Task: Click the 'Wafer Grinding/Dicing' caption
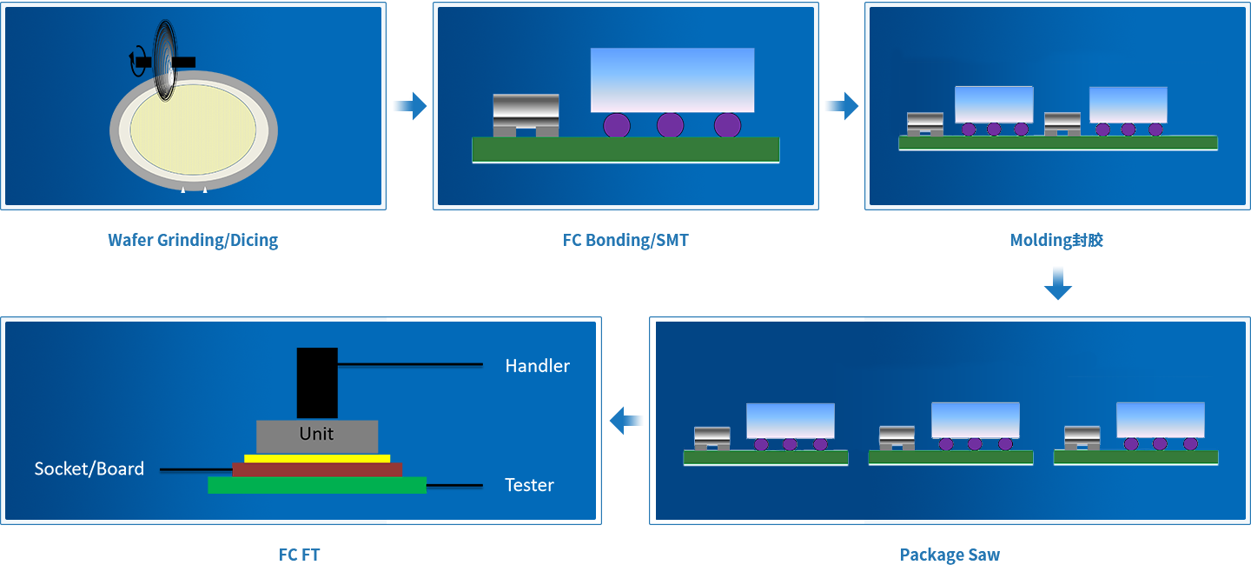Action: point(193,241)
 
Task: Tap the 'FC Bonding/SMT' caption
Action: point(625,241)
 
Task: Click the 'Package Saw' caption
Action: point(950,555)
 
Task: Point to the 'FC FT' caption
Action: point(300,555)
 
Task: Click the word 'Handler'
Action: point(537,366)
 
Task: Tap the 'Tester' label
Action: point(529,485)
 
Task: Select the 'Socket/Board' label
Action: point(89,469)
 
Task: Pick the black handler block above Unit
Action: point(317,382)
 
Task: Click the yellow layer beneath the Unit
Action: point(317,458)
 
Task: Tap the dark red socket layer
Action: point(317,469)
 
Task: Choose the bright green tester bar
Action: point(317,485)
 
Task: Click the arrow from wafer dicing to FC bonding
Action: point(409,107)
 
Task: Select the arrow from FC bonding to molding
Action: point(841,107)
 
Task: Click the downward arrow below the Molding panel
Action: point(1057,283)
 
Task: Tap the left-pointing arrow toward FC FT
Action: point(626,422)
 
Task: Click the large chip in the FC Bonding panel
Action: point(672,80)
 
